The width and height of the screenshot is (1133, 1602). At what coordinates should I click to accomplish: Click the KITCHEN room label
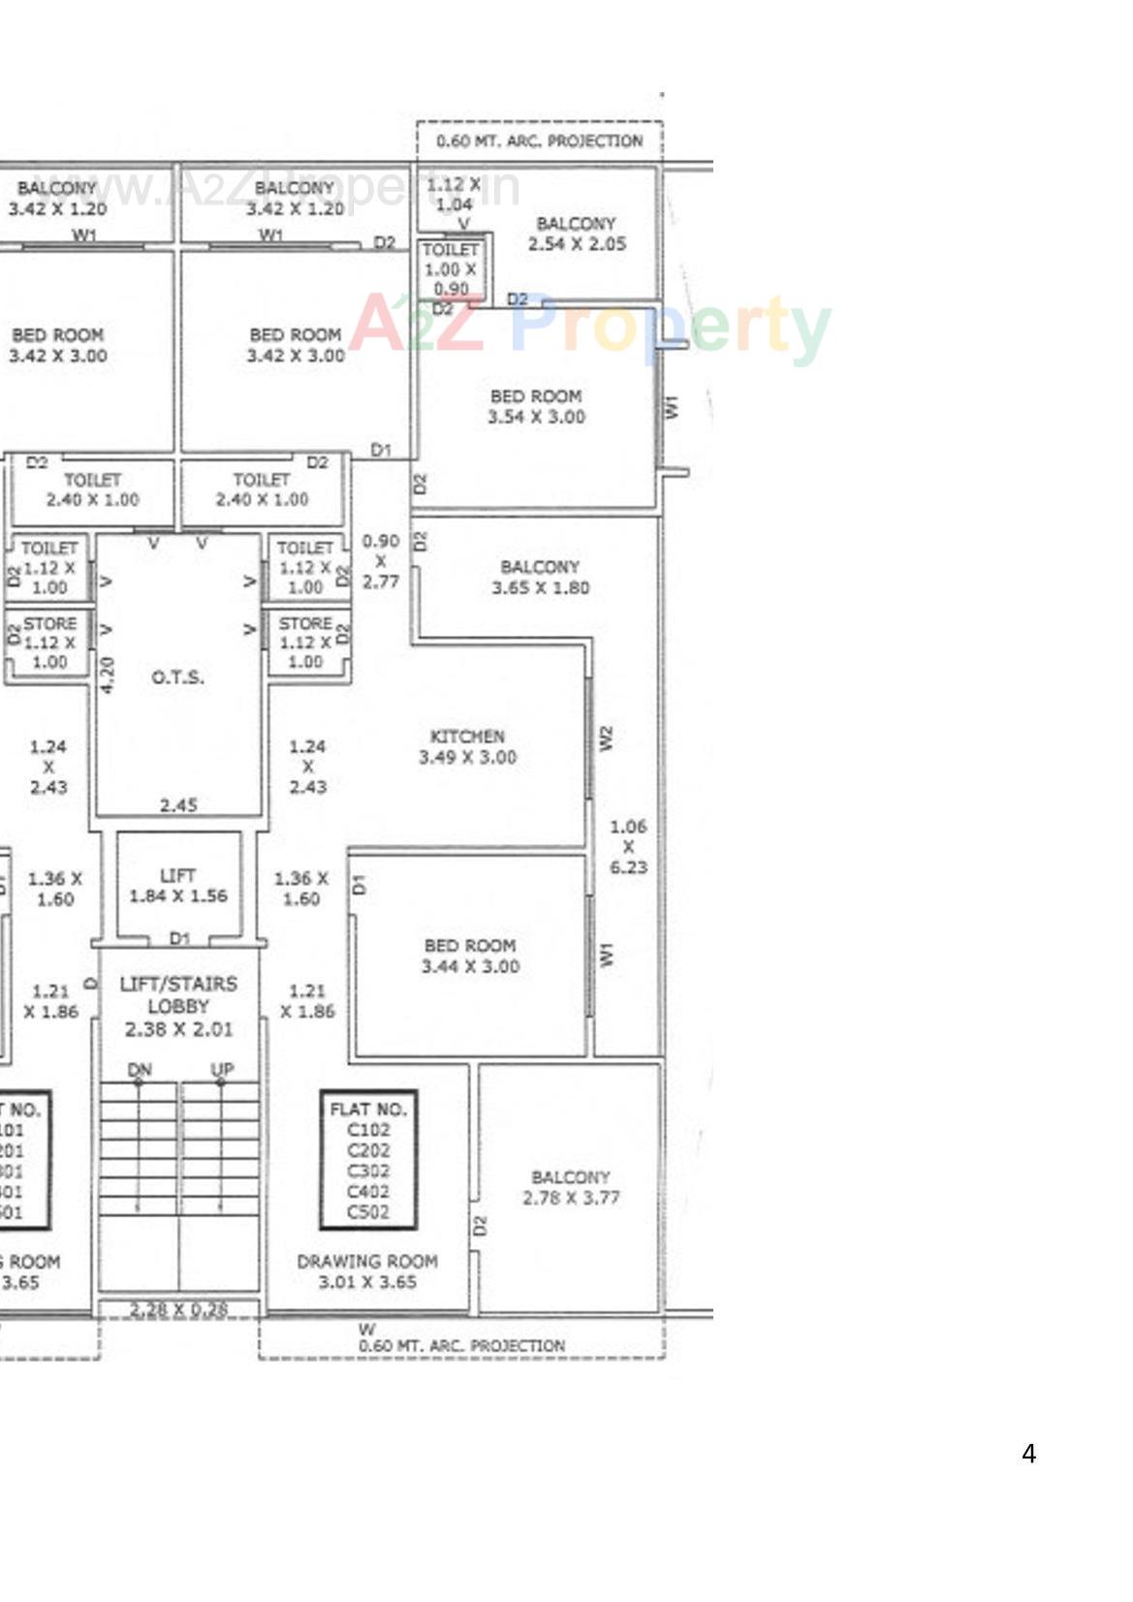(467, 746)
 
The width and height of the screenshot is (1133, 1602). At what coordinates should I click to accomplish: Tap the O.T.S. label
(177, 676)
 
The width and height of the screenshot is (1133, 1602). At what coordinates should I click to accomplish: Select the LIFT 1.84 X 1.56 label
(178, 886)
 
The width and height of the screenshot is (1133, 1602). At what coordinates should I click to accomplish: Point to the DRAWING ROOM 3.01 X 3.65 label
(367, 1272)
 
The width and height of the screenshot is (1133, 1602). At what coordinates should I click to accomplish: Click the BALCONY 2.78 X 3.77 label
(571, 1187)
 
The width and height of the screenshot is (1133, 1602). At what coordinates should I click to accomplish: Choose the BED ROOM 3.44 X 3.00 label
(470, 956)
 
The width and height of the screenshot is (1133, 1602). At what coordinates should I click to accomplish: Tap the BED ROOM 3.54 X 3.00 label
(536, 406)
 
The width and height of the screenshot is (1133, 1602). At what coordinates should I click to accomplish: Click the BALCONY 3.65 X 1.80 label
(540, 577)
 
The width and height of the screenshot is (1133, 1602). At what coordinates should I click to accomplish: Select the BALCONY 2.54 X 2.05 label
(577, 234)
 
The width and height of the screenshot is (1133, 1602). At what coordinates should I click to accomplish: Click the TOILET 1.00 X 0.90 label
(451, 268)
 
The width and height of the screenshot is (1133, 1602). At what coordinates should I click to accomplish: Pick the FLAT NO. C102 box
(368, 1160)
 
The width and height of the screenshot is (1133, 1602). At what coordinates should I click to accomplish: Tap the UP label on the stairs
(222, 1069)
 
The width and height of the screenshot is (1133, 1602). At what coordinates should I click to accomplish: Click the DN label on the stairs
(140, 1069)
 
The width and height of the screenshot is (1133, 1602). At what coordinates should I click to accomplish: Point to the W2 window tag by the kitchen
(607, 738)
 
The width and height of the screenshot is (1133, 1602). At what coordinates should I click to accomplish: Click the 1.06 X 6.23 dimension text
(628, 846)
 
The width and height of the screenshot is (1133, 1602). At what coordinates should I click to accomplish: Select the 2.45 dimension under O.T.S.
(178, 804)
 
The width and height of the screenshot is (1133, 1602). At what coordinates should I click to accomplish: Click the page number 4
(1028, 1454)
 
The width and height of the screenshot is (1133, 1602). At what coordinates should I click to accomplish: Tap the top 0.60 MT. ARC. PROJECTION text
(539, 141)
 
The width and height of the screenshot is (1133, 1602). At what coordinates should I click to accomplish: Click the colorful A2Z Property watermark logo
(590, 325)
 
